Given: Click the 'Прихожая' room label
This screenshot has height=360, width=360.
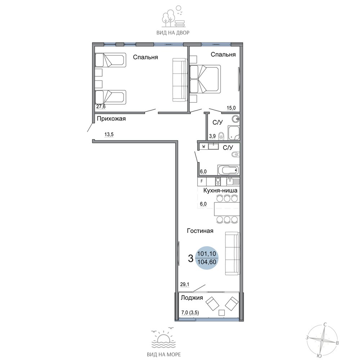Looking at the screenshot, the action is click(x=111, y=119).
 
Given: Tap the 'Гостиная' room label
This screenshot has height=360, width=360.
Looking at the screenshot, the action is click(x=200, y=231).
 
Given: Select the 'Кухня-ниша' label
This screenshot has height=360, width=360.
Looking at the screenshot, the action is click(x=220, y=190).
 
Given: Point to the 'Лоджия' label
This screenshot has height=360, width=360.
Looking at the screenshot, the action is click(x=192, y=298).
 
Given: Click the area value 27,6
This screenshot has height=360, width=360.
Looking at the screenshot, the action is click(x=101, y=107).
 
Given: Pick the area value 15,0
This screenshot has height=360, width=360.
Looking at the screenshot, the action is click(x=231, y=108).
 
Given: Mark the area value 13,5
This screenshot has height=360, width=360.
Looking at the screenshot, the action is click(x=109, y=135).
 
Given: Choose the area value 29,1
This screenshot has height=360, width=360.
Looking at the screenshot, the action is click(x=185, y=284).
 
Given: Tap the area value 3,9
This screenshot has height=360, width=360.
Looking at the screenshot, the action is click(x=212, y=136).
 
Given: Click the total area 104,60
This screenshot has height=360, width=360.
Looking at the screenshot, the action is click(x=207, y=262).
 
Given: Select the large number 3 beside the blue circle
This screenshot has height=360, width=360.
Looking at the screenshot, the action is click(x=190, y=259).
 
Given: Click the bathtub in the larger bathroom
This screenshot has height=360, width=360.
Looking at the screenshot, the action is click(x=228, y=170).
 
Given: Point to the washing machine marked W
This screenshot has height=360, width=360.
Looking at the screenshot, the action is click(x=203, y=147).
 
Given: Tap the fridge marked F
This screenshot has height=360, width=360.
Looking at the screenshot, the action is click(x=202, y=181).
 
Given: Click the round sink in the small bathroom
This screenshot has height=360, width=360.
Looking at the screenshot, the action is click(x=236, y=119).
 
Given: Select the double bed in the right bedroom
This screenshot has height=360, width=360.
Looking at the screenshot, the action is click(x=205, y=79).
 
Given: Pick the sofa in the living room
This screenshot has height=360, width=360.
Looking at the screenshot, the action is click(x=232, y=253).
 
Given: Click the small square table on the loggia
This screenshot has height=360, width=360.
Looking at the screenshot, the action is click(x=221, y=313).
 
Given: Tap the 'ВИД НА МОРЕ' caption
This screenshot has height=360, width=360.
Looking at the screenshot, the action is click(x=164, y=355).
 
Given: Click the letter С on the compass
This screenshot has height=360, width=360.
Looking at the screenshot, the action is click(x=325, y=324).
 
